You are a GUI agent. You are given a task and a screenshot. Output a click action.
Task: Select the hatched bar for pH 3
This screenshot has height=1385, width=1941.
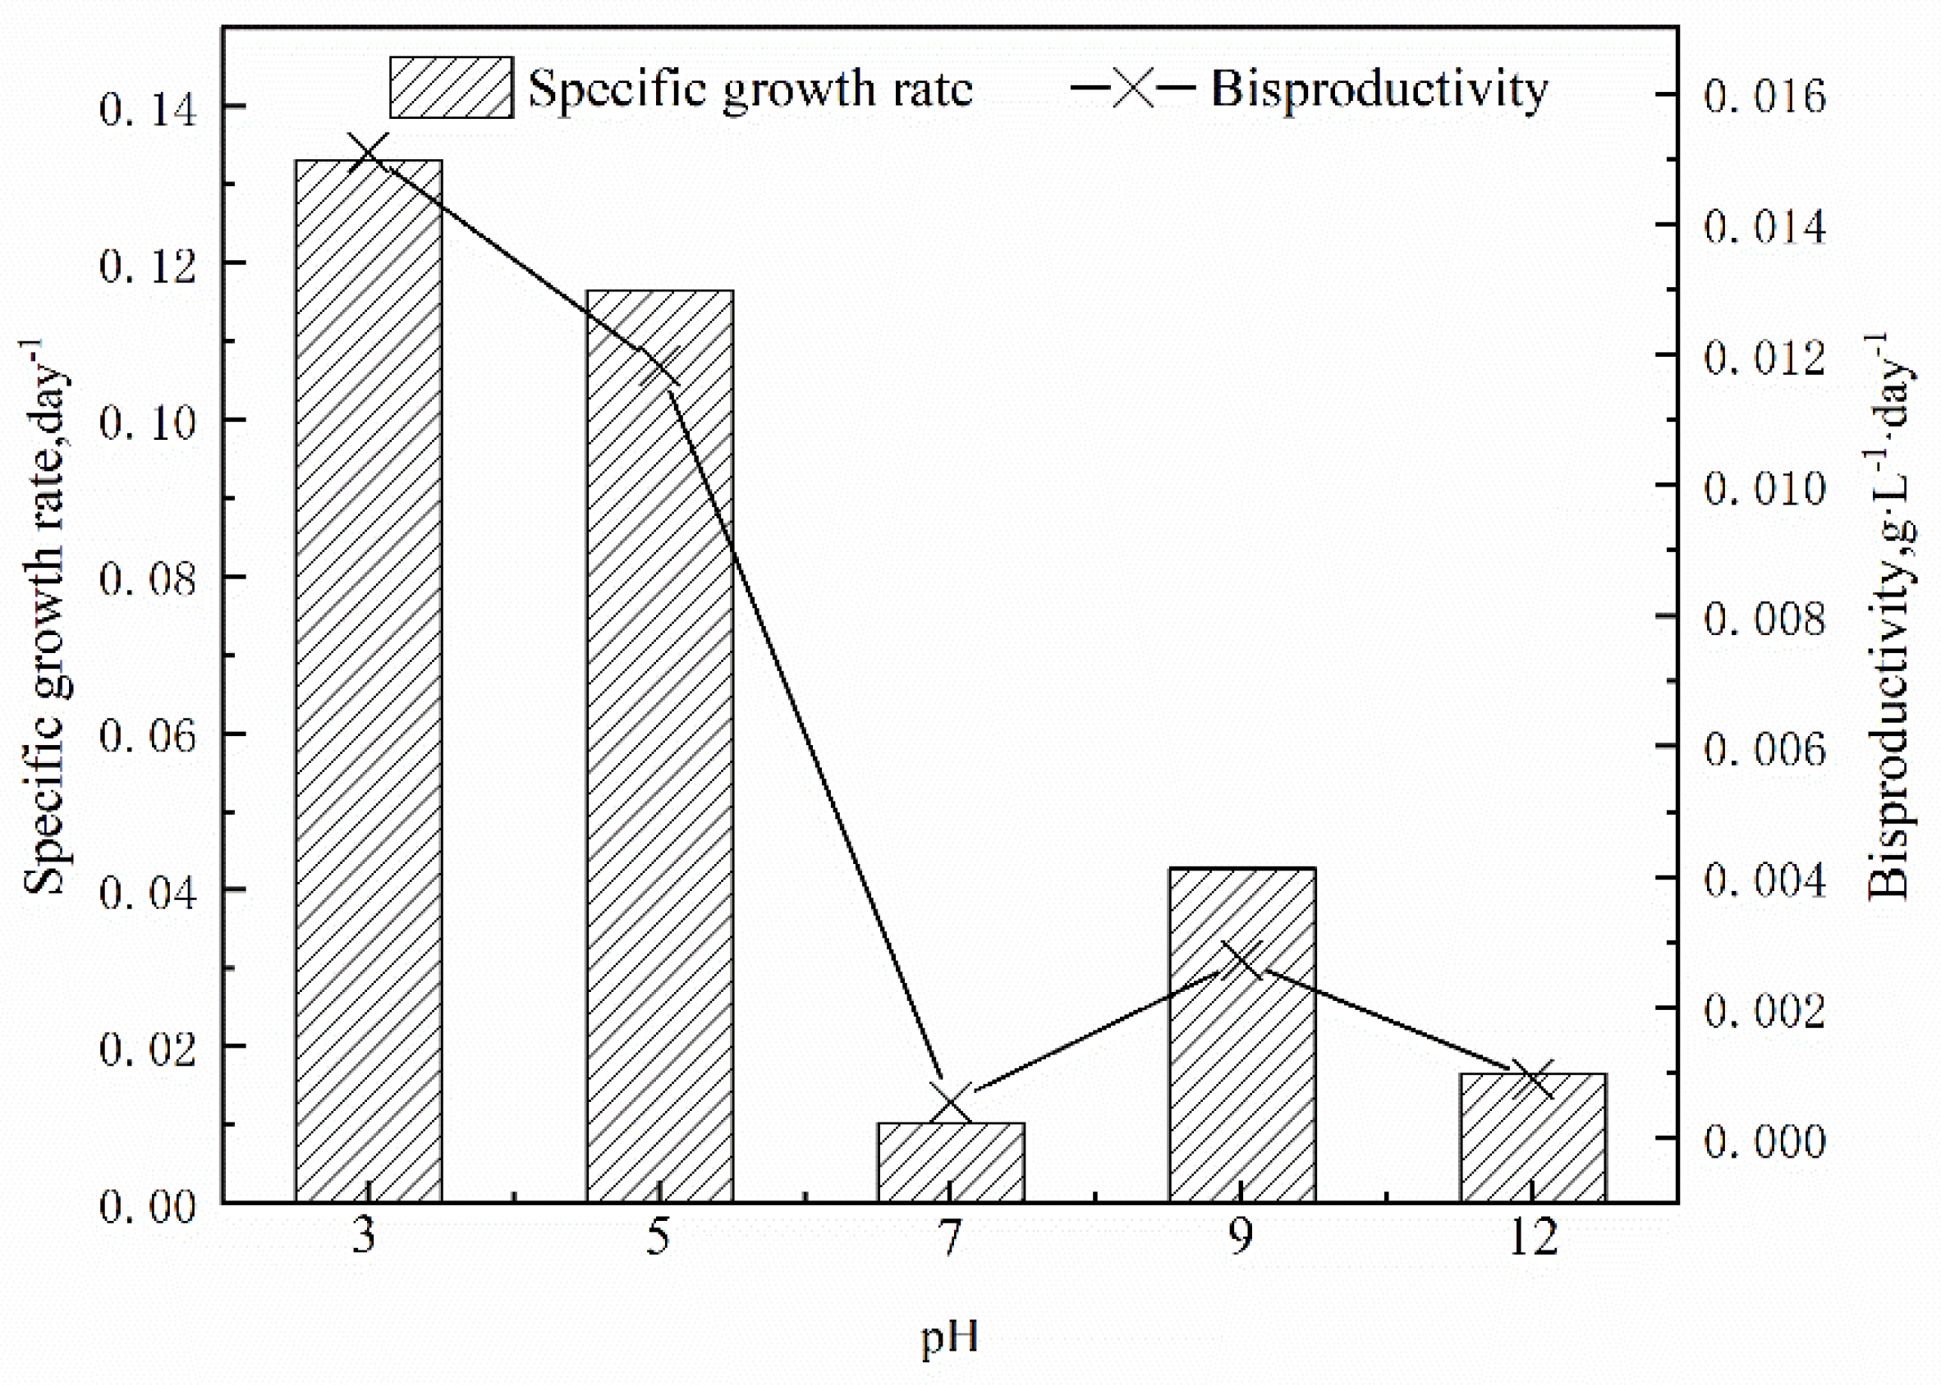click(369, 683)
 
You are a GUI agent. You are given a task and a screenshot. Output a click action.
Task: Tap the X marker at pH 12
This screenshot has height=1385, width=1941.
click(1533, 1079)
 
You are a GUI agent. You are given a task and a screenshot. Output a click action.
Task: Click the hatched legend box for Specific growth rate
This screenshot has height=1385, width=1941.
click(452, 88)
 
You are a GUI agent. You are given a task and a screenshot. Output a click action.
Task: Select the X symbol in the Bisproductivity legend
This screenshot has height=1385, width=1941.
click(1133, 87)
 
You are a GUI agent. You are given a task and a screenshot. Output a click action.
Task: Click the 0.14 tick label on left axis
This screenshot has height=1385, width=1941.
click(148, 109)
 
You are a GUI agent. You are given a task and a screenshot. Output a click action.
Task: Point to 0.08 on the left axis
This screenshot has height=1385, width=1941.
click(148, 579)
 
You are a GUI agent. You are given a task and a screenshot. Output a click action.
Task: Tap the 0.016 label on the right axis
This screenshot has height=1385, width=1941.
click(1764, 95)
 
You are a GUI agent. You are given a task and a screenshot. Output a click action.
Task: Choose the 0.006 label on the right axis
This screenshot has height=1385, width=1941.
click(1764, 749)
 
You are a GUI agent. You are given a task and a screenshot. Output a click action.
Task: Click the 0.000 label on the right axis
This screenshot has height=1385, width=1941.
click(1764, 1140)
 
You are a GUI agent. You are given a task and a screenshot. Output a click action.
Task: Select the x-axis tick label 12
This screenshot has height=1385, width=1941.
click(1533, 1237)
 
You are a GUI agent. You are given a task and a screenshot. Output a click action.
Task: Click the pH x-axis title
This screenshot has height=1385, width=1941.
click(950, 1337)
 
